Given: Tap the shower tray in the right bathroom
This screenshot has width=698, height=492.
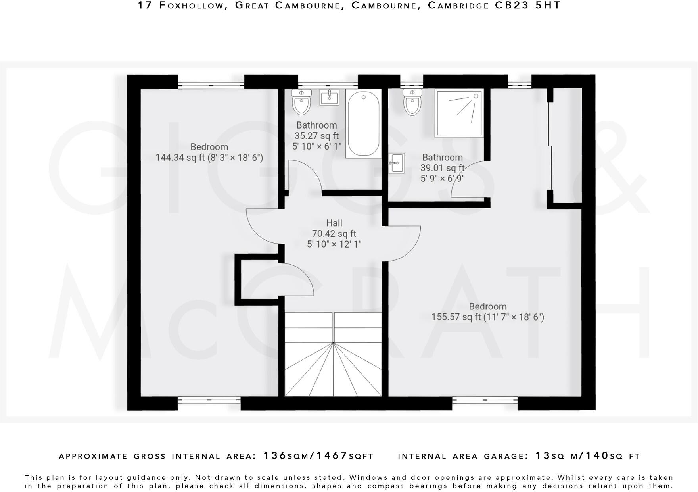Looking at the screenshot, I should point(459,113).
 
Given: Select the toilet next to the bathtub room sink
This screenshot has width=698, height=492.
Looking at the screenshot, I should point(301,102).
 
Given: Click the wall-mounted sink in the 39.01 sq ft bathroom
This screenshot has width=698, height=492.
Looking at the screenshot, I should point(396,163).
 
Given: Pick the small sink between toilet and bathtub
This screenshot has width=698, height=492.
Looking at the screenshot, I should point(330,97).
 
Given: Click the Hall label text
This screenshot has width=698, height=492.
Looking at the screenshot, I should point(334,223).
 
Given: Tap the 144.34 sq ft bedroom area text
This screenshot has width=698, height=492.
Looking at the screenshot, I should point(209,158).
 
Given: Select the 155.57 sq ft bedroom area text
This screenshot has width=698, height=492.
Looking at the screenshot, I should point(487,317).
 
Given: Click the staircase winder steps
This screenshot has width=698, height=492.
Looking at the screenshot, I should point(333,369).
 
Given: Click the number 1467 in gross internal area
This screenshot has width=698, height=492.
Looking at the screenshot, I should point(332,455).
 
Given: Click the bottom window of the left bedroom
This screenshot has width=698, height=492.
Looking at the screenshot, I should point(209,400).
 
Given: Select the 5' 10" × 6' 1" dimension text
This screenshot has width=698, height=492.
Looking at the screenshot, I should point(316,146).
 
